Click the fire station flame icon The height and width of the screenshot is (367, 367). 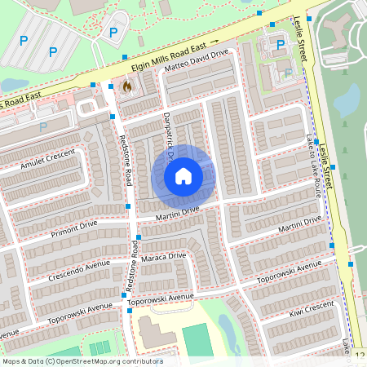(x=126, y=85)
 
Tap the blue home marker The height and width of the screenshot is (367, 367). (x=183, y=176)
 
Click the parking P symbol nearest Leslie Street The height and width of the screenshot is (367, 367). (x=281, y=45)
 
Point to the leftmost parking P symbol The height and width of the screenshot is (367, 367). (x=24, y=40)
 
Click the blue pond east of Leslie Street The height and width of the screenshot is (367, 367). (x=347, y=99)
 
